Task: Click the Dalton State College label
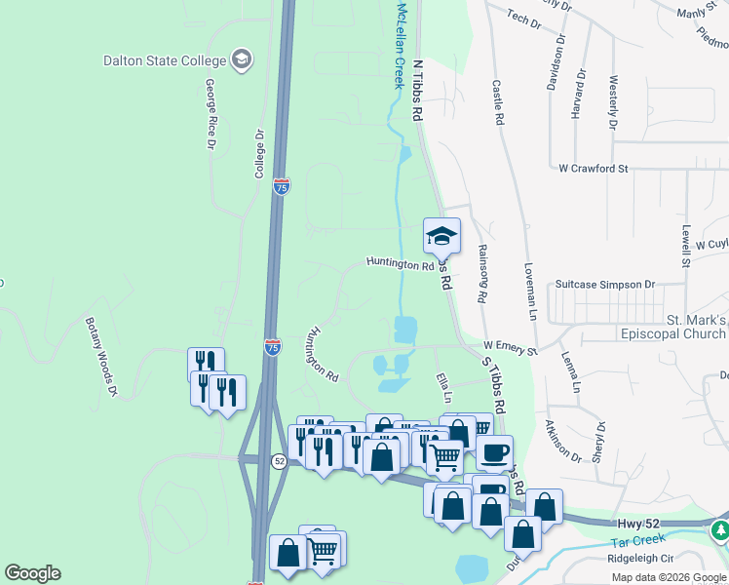tap(165, 60)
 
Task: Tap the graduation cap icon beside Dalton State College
tap(240, 60)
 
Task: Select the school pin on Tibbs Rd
tap(441, 236)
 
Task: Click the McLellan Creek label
tap(399, 45)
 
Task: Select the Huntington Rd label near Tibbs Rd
tap(400, 264)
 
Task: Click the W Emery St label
tap(511, 348)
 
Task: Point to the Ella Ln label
tap(444, 388)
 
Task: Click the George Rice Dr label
tap(210, 114)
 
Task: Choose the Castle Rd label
tap(498, 103)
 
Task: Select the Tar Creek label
tap(637, 538)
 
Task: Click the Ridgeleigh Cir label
tap(640, 559)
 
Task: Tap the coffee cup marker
tap(494, 452)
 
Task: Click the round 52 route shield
tap(279, 461)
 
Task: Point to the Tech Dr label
tap(523, 19)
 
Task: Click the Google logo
tap(32, 573)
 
